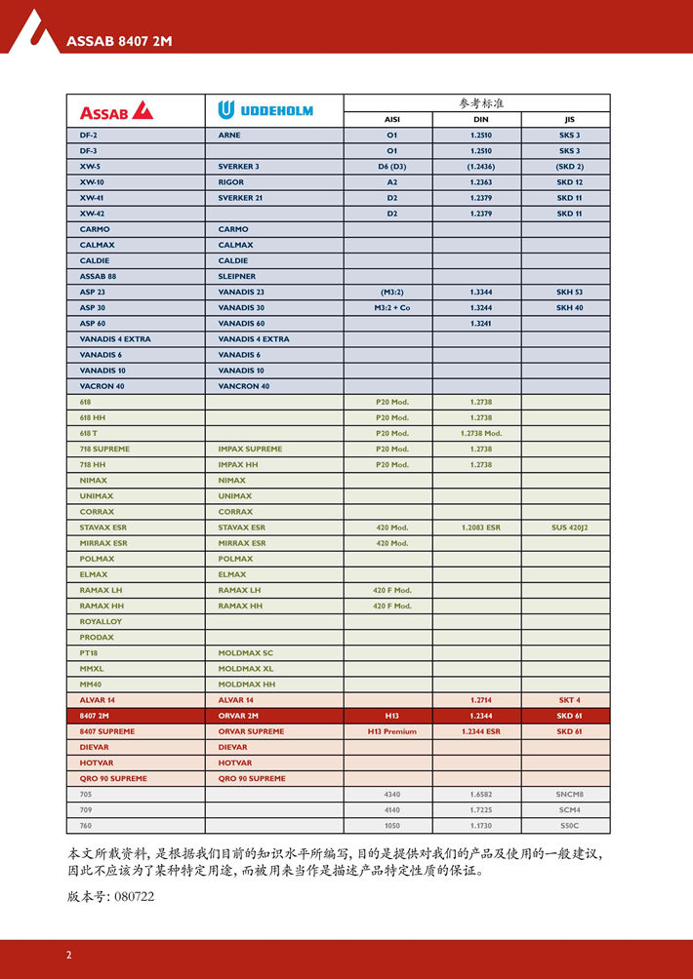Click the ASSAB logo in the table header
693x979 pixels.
click(116, 110)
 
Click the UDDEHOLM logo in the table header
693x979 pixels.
click(265, 110)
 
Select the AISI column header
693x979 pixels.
click(391, 119)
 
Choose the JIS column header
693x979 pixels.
click(569, 119)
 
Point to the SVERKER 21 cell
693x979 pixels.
click(240, 198)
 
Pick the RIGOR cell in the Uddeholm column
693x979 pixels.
click(231, 182)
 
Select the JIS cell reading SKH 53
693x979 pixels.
click(569, 293)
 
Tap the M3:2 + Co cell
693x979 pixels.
click(391, 308)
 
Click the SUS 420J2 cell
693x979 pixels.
click(569, 528)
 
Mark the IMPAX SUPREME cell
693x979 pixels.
click(250, 450)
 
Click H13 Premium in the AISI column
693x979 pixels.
click(391, 731)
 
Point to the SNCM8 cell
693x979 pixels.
click(569, 795)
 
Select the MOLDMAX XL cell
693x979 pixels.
click(246, 669)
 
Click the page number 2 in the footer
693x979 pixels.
click(68, 955)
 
